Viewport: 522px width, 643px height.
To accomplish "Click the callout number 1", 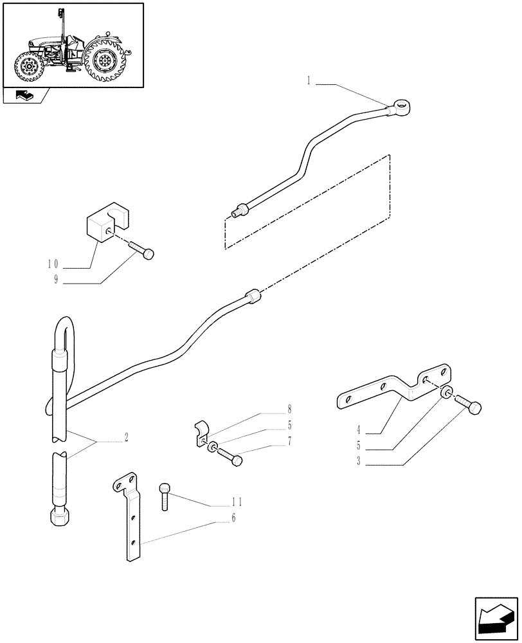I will (309, 81).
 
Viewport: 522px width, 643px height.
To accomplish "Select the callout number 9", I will (56, 280).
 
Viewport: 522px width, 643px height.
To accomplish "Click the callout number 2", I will (126, 438).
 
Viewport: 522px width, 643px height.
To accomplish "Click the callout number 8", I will (289, 408).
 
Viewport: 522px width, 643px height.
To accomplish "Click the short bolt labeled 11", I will (165, 496).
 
